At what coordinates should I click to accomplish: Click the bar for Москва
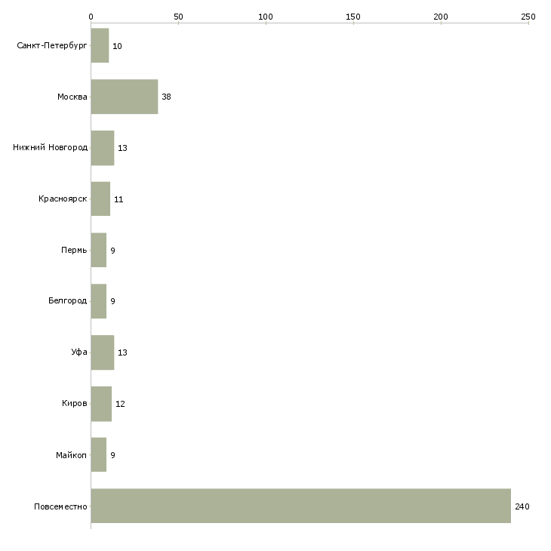(x=125, y=97)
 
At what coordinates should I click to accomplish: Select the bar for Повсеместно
(x=300, y=506)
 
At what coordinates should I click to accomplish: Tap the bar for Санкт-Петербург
(x=100, y=45)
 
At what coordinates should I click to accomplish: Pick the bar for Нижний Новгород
(x=103, y=148)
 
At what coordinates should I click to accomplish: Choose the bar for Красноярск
(x=100, y=199)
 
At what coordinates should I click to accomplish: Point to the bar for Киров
(x=101, y=404)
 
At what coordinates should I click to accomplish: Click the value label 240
(x=522, y=506)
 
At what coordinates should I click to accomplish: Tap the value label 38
(x=166, y=97)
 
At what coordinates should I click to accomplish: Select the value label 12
(x=120, y=404)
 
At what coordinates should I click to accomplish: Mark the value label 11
(x=119, y=199)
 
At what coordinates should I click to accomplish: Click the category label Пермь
(x=74, y=250)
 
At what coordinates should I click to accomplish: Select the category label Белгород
(x=67, y=301)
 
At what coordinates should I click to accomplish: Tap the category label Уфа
(x=79, y=352)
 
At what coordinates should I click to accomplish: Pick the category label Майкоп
(x=72, y=455)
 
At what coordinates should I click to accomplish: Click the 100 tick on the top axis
(x=266, y=16)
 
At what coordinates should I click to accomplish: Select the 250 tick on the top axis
(x=528, y=16)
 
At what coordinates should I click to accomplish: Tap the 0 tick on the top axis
(x=91, y=16)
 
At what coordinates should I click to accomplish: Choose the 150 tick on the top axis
(x=353, y=16)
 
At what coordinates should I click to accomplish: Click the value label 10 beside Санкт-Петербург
(x=117, y=46)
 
